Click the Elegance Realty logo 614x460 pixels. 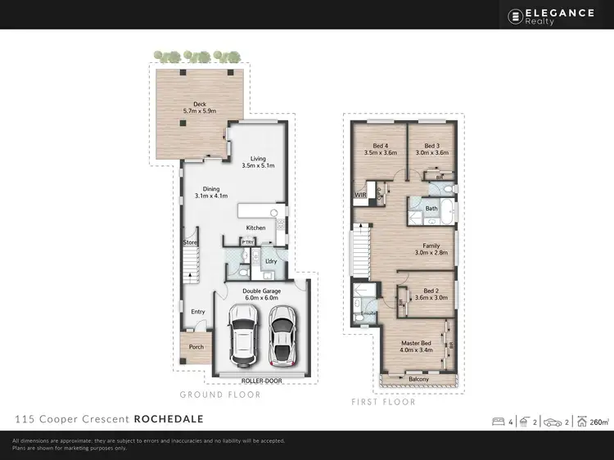coord(554,16)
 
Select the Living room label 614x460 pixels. coord(258,162)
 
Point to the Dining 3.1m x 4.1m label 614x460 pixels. coord(210,192)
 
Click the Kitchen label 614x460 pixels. coord(256,228)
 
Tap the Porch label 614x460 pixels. coord(196,347)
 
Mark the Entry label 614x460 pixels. coord(198,311)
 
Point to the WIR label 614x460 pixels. coord(360,195)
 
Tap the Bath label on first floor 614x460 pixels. coord(431,209)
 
